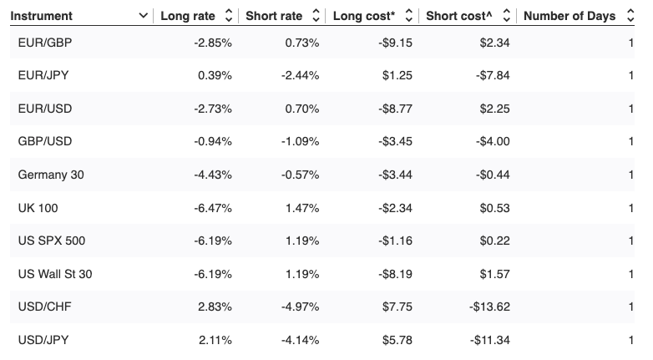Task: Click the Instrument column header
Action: [42, 16]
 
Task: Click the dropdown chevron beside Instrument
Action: [144, 16]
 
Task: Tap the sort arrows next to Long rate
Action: [229, 16]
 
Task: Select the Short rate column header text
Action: [274, 16]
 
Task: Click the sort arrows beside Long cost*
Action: [409, 16]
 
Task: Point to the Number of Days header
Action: [569, 16]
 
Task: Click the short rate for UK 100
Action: [302, 208]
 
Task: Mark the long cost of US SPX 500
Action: [396, 241]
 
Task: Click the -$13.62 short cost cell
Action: [489, 307]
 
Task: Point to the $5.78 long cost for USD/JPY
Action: [397, 339]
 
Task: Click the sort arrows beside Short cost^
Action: [504, 16]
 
